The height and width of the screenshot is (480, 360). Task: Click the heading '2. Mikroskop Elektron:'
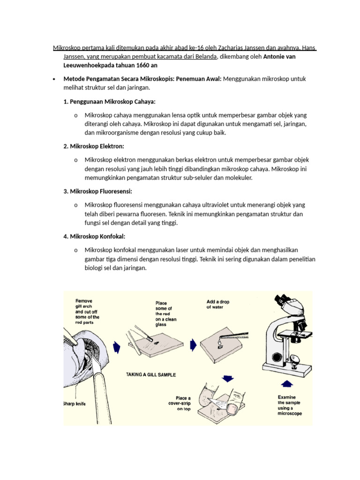click(x=94, y=146)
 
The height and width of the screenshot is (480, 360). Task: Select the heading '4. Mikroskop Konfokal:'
click(x=94, y=236)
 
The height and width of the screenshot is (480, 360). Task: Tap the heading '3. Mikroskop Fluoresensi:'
click(x=97, y=191)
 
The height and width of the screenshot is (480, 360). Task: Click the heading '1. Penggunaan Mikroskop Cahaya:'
click(x=109, y=101)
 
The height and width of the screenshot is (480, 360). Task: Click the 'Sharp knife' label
click(x=76, y=403)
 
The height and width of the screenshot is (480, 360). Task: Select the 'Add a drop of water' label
click(x=218, y=304)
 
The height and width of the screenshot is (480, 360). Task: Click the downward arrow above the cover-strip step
click(x=228, y=378)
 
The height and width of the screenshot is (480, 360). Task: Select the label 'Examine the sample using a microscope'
click(x=290, y=405)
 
